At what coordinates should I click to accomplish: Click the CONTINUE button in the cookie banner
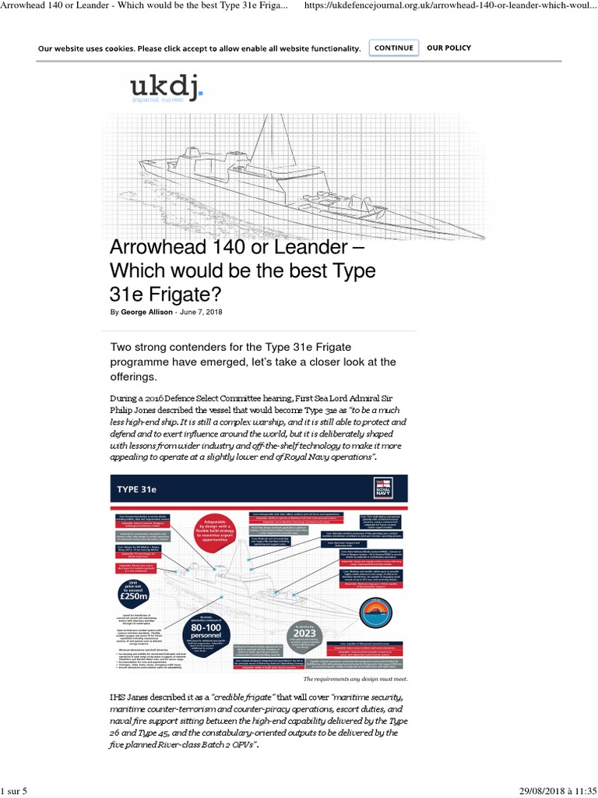coord(393,48)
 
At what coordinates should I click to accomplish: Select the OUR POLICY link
coord(448,48)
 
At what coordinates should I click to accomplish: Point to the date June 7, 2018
coord(201,312)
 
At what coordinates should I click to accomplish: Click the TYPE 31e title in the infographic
coord(137,489)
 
